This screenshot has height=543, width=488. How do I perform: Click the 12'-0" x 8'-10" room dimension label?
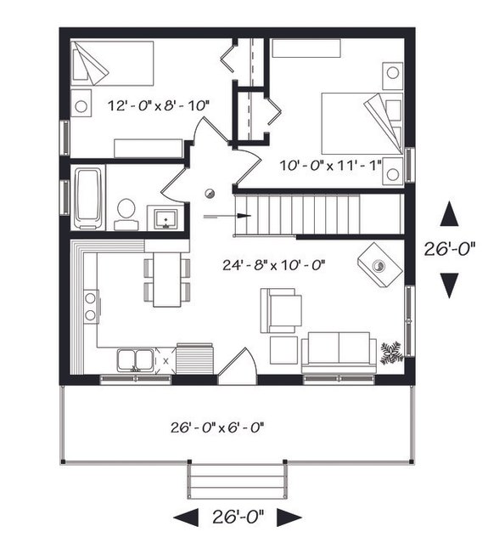tap(158, 106)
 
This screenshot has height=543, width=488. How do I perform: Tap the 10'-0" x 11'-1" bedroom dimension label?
tap(332, 161)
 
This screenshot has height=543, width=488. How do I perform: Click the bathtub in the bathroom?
tap(88, 198)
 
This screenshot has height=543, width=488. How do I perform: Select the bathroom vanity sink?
tap(164, 218)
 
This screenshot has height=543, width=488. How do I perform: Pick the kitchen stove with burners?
tap(89, 306)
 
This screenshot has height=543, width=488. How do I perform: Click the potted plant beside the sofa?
tap(391, 352)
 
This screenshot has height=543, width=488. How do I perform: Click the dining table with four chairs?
tap(167, 276)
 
